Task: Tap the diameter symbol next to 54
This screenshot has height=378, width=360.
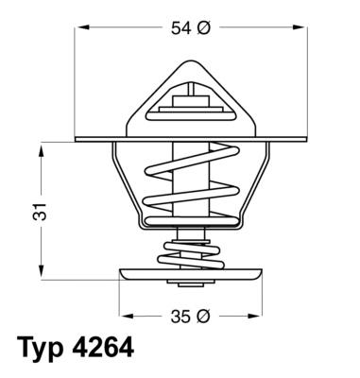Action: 202,29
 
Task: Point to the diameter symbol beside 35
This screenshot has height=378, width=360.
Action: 202,316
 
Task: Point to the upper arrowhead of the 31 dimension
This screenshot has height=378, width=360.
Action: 43,147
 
